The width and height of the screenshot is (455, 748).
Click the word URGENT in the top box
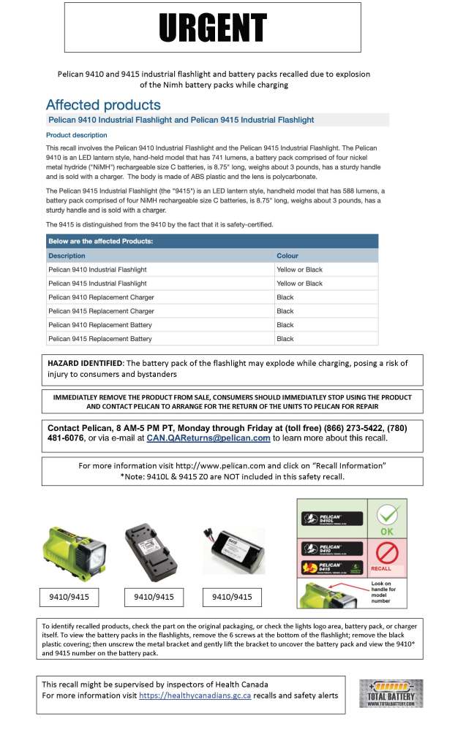tap(212, 28)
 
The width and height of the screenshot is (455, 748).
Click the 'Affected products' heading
tap(103, 104)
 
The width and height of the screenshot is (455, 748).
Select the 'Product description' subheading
tap(77, 135)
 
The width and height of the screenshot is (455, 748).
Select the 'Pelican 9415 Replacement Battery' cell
tap(100, 339)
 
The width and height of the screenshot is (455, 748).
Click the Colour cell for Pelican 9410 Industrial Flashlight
tap(299, 270)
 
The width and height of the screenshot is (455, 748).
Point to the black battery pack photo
tap(229, 552)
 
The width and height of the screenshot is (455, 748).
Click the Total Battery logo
tap(391, 693)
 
